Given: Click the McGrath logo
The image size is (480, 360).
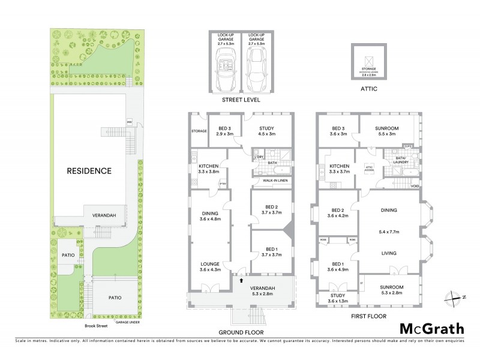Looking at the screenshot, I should click(431, 328).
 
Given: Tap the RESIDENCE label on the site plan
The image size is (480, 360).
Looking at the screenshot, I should click(89, 170).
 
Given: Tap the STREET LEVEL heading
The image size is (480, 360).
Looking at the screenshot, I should click(239, 100).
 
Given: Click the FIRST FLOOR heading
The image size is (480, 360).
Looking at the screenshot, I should click(368, 316).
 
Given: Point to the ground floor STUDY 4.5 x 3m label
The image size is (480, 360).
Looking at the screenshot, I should click(266, 131).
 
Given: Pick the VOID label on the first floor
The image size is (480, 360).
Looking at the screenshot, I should click(414, 186).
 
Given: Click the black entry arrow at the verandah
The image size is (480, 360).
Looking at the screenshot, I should click(242, 280).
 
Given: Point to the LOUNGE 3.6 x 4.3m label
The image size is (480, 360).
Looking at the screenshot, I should click(210, 266).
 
